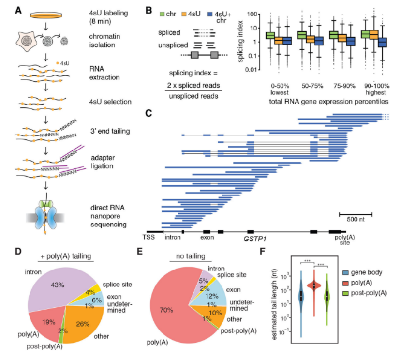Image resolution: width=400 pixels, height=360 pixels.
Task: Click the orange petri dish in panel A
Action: point(46,15)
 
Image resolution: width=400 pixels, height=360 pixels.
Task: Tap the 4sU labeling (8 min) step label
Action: point(108,17)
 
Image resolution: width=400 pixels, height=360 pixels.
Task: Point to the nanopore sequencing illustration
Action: point(45,216)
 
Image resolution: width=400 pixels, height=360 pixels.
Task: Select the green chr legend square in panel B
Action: point(162,14)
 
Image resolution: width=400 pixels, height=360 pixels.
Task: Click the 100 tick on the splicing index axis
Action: point(252,14)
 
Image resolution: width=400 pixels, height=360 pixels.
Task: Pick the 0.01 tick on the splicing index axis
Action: point(251,69)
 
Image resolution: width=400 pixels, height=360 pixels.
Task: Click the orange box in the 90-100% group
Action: point(374,34)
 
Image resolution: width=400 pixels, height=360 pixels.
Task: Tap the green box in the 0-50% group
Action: point(270,35)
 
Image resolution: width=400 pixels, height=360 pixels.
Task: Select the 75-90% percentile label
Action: point(344,86)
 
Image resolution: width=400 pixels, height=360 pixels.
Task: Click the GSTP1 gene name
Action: point(255,239)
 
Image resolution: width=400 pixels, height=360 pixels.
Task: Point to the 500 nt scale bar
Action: point(356,214)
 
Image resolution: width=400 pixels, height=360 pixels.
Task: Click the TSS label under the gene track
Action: point(148,237)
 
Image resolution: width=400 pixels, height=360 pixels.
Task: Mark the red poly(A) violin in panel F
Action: point(314,286)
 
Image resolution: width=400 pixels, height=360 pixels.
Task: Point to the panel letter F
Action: point(263,251)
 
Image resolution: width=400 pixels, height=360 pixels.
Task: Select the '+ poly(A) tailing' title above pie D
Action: point(66,256)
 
